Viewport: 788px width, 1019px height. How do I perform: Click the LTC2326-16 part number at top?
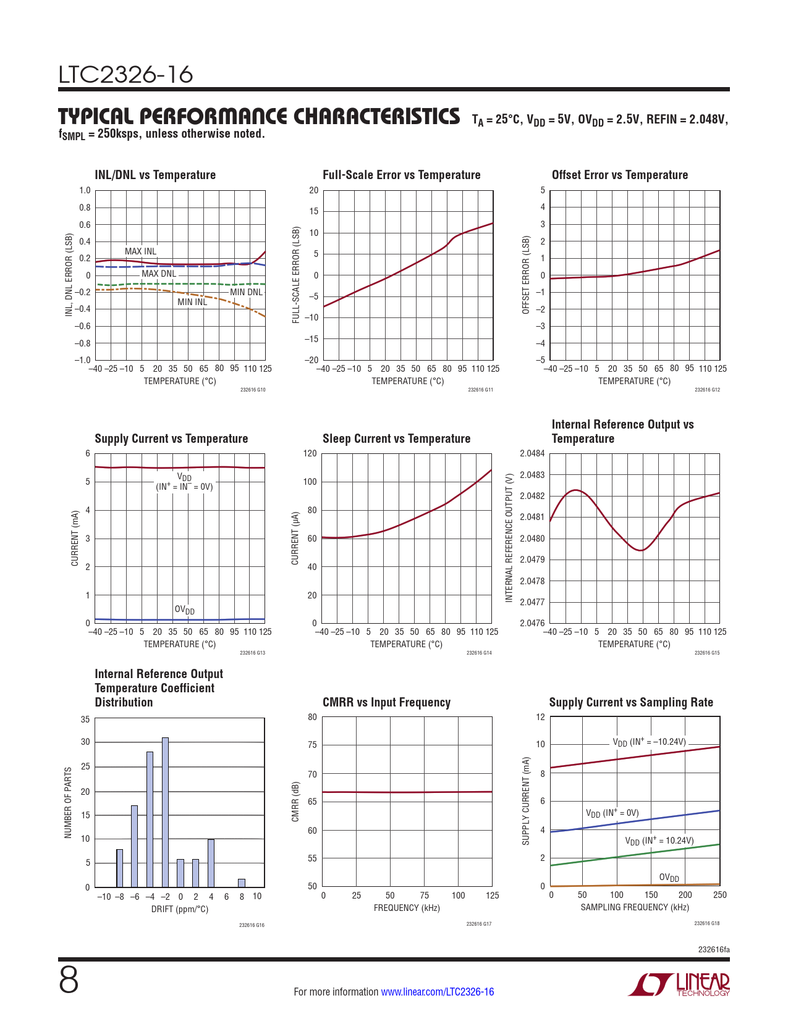(x=125, y=75)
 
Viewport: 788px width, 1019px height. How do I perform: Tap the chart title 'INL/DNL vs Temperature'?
(x=155, y=175)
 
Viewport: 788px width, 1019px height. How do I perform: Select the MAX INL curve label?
(x=140, y=251)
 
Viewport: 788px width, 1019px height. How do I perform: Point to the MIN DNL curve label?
(x=246, y=292)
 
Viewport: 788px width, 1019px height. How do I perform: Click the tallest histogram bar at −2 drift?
(x=165, y=812)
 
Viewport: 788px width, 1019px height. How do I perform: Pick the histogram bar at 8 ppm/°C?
(x=242, y=883)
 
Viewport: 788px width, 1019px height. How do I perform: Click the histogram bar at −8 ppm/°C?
(x=119, y=868)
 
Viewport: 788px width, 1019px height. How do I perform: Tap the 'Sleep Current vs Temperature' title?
(x=396, y=438)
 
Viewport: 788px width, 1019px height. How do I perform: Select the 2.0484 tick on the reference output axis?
(x=532, y=454)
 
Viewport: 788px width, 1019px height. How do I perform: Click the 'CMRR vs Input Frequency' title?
(x=386, y=702)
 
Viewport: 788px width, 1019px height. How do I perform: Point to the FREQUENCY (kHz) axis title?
(x=407, y=908)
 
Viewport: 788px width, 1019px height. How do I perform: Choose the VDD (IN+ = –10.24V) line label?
(x=649, y=742)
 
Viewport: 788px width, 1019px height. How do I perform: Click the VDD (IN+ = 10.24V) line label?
(x=659, y=841)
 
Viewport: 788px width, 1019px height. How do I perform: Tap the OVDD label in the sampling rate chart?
(x=669, y=878)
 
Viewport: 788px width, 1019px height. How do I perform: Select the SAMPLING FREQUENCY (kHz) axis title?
(x=635, y=907)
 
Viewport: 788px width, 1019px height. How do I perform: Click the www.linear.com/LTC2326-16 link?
(x=438, y=992)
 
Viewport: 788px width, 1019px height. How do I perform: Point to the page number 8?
(x=69, y=980)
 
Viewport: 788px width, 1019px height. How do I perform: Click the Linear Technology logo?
(x=679, y=984)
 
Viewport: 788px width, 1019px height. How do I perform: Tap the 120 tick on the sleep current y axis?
(x=310, y=454)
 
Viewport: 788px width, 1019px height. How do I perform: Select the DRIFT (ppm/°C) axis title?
(x=180, y=909)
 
